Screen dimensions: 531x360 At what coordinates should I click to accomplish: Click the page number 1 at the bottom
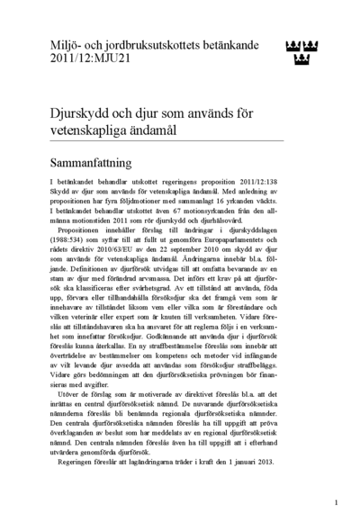pyautogui.click(x=335, y=502)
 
